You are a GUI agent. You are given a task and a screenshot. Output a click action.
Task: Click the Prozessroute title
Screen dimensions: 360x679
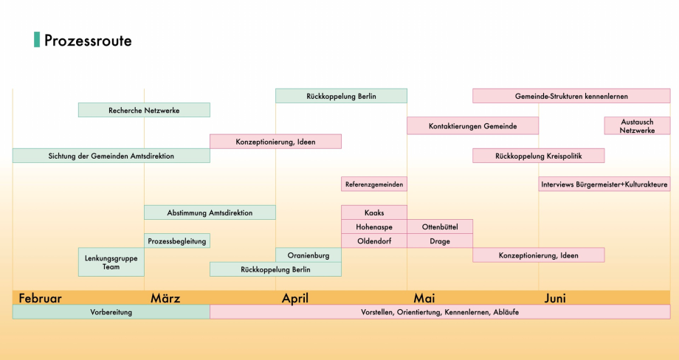tap(88, 41)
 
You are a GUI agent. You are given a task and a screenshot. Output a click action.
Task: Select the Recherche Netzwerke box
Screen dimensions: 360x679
tap(144, 110)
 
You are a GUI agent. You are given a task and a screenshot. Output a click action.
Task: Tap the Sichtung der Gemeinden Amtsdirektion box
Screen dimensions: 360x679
tap(111, 156)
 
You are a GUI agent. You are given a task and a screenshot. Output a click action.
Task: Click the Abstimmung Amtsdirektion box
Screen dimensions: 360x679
tap(210, 212)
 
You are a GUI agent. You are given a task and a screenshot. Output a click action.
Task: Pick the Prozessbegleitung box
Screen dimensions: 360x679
tap(177, 240)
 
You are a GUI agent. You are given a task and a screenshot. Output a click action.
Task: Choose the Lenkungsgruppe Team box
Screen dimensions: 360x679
tap(111, 262)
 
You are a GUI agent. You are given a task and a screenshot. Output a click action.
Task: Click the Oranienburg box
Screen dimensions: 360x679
tap(309, 255)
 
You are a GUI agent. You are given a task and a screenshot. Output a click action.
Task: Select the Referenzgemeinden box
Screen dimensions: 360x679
tap(374, 184)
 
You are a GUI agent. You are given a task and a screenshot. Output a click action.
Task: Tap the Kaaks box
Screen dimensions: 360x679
tap(374, 212)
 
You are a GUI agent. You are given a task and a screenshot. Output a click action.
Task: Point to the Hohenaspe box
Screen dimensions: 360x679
tap(374, 226)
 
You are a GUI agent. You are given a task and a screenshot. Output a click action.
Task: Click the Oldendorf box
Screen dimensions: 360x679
tap(374, 240)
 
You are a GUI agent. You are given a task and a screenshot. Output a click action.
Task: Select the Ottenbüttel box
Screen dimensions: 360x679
tap(440, 226)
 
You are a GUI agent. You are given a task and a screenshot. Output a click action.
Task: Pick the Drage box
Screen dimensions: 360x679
tap(440, 240)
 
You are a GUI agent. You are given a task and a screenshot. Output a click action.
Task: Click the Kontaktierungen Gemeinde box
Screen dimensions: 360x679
tap(472, 126)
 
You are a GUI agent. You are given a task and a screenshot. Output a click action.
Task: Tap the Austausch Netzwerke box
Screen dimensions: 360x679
tap(637, 125)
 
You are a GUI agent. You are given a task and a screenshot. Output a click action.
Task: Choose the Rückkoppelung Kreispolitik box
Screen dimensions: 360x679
tap(538, 156)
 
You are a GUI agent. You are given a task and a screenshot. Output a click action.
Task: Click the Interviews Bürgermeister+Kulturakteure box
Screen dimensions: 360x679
tap(604, 184)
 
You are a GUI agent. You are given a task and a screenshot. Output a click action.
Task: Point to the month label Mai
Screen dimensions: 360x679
tap(424, 298)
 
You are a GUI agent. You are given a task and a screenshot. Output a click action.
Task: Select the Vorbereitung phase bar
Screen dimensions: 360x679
tap(111, 312)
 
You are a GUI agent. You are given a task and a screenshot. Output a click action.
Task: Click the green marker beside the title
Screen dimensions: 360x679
tap(37, 40)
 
